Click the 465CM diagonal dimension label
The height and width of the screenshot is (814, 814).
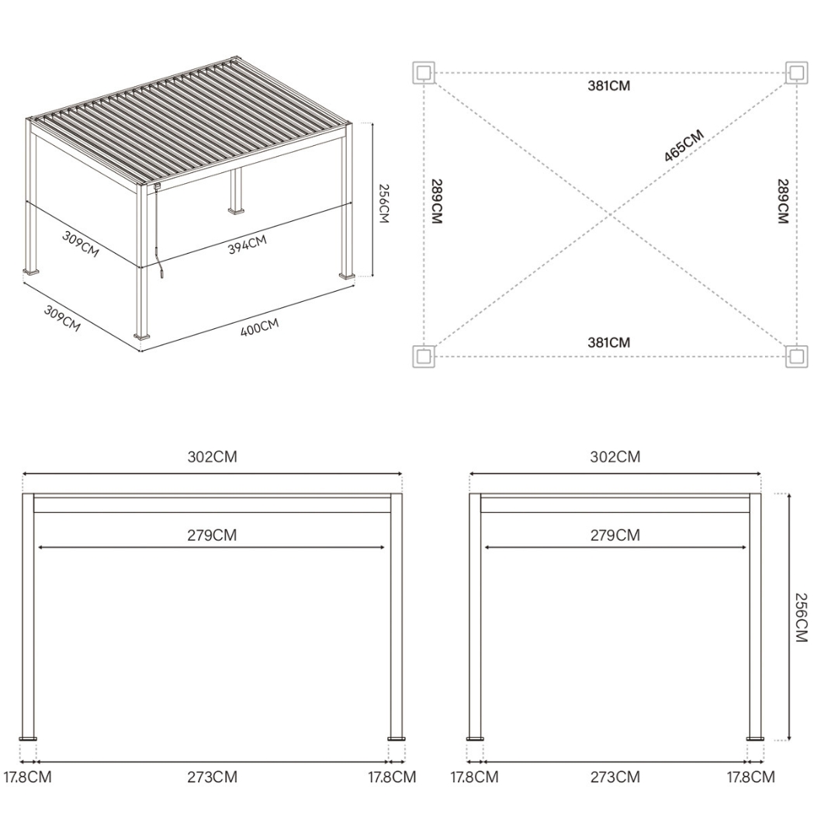coord(684,146)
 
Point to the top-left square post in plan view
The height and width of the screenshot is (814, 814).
coord(423,73)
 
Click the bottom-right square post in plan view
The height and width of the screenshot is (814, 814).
coord(796,356)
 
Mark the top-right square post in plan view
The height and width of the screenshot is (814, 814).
coord(796,73)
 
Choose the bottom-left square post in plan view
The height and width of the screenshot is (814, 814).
coord(423,356)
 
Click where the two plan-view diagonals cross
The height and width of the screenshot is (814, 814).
coord(610,214)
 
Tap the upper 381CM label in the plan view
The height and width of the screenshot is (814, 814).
coord(609,85)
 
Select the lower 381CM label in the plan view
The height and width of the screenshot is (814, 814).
coord(609,342)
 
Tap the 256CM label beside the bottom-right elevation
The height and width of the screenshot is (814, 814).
coord(802,618)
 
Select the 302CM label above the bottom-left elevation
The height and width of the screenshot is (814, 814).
coord(212,457)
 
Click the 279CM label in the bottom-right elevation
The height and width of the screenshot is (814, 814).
coord(615,535)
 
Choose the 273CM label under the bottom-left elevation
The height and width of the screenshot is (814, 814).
coord(212,777)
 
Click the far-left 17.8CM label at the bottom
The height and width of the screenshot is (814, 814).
coord(28,777)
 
